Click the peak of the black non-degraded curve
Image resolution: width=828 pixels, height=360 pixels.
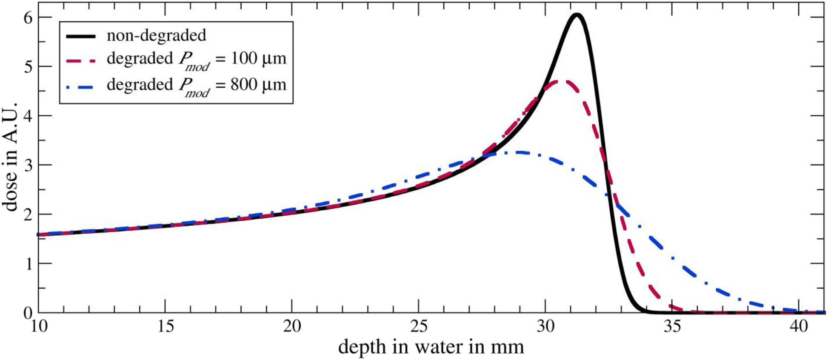(577, 15)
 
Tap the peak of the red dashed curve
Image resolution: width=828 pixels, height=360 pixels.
(559, 81)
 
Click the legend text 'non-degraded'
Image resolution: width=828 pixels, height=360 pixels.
(156, 35)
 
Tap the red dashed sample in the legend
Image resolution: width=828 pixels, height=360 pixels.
(81, 60)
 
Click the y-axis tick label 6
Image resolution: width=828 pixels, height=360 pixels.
(28, 17)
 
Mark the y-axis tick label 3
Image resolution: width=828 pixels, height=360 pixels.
(28, 165)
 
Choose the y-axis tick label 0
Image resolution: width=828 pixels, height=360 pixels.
(28, 313)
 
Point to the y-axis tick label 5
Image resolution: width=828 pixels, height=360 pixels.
(28, 67)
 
